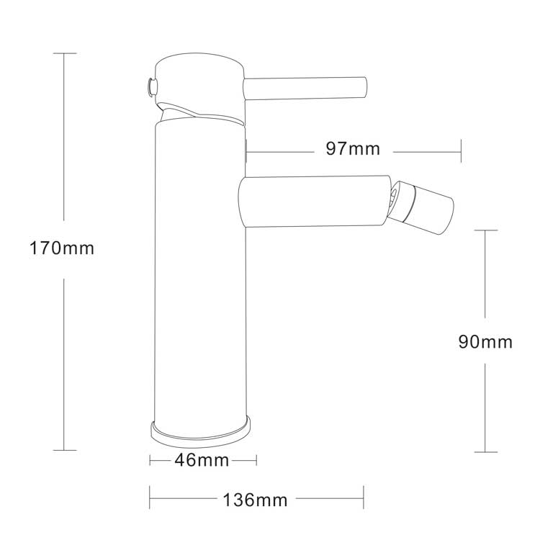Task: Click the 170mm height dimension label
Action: [x=62, y=249]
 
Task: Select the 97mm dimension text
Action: [x=353, y=150]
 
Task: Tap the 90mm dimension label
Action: [x=485, y=341]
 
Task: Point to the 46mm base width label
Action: [x=203, y=461]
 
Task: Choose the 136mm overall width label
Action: [x=255, y=500]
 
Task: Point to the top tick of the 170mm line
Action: [x=64, y=53]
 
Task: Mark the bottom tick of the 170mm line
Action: [x=64, y=451]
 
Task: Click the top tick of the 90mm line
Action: [x=485, y=230]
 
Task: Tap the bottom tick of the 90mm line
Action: [x=485, y=452]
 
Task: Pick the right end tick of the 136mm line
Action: [x=364, y=498]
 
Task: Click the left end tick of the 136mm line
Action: [x=150, y=498]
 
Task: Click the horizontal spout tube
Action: [x=313, y=202]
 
